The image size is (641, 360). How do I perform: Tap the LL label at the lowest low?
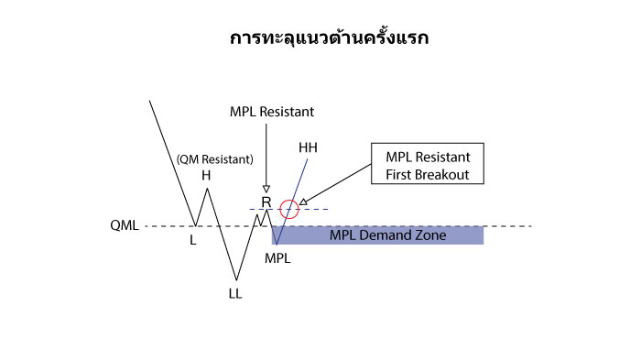[x=235, y=294]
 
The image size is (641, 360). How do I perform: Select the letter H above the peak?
[x=206, y=174]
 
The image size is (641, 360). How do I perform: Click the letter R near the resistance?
[x=266, y=202]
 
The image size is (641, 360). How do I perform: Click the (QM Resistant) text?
[x=214, y=158]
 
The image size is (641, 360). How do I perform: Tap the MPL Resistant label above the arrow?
[x=271, y=112]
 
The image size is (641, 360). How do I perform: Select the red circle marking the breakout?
[x=289, y=209]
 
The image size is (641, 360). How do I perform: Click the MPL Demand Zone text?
[x=387, y=235]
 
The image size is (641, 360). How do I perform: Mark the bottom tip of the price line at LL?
[x=236, y=280]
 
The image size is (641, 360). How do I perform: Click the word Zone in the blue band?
[x=429, y=235]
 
